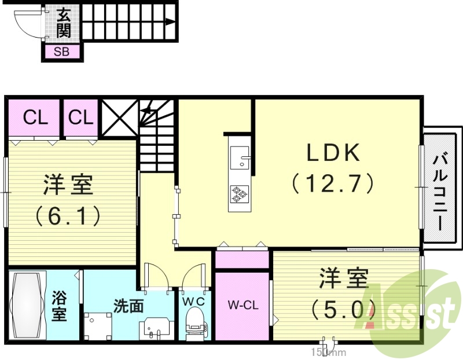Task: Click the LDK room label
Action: point(334,153)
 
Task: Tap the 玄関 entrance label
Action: point(63,23)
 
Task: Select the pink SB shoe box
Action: point(62,52)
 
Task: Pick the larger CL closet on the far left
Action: point(35,118)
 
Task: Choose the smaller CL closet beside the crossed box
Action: point(80,118)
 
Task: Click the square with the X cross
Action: point(120,118)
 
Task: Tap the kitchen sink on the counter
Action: point(240,156)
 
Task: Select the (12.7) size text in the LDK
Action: point(334,183)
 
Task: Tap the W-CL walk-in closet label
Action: point(242,304)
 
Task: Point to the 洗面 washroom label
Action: point(128,306)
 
